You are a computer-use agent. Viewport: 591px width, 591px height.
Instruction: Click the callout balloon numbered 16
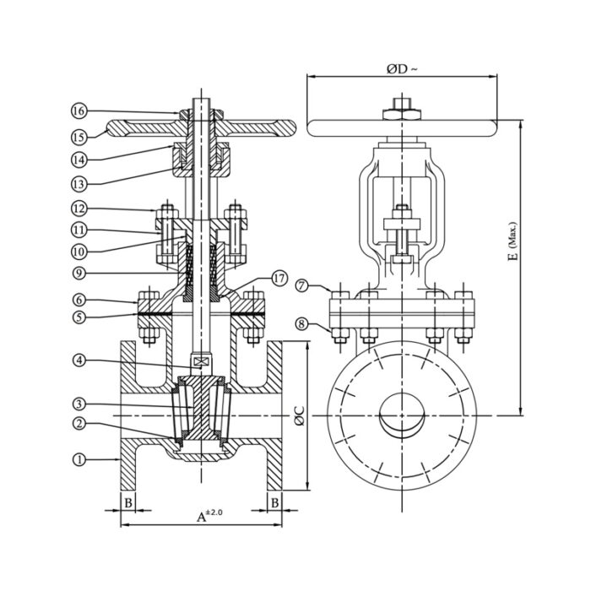pyautogui.click(x=79, y=111)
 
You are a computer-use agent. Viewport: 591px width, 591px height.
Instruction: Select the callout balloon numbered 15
pyautogui.click(x=79, y=135)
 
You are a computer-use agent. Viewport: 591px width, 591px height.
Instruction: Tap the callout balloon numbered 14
pyautogui.click(x=79, y=159)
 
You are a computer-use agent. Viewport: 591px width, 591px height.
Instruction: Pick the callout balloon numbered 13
pyautogui.click(x=79, y=182)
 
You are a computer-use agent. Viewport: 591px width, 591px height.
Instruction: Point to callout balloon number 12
pyautogui.click(x=79, y=208)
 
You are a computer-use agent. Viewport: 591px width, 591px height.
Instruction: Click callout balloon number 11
pyautogui.click(x=79, y=230)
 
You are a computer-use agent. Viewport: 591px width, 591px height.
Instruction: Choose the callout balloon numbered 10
pyautogui.click(x=79, y=250)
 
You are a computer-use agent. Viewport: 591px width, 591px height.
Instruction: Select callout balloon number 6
pyautogui.click(x=79, y=299)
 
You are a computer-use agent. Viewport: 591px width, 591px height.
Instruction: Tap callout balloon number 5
pyautogui.click(x=79, y=317)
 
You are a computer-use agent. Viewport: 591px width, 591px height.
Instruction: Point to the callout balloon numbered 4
pyautogui.click(x=79, y=361)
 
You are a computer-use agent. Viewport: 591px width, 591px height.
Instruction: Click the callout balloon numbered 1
pyautogui.click(x=79, y=460)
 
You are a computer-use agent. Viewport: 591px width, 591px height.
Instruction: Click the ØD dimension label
pyautogui.click(x=402, y=68)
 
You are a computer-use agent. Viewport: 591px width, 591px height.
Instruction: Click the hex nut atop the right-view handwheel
pyautogui.click(x=400, y=109)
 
